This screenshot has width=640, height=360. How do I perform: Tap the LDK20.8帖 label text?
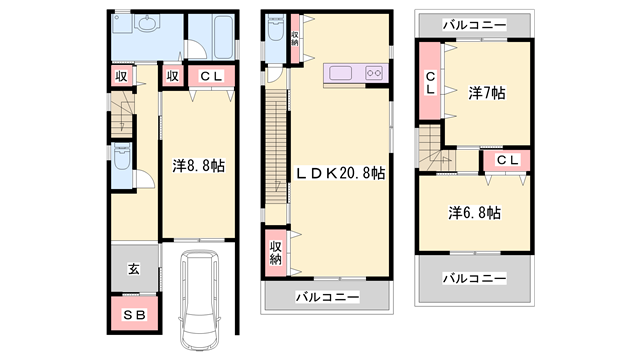click(340, 172)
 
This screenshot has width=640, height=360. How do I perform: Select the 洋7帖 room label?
click(486, 93)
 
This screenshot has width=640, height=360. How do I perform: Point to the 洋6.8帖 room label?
click(474, 213)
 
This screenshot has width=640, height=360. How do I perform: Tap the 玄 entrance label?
click(132, 267)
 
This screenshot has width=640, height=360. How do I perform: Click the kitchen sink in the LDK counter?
click(339, 72)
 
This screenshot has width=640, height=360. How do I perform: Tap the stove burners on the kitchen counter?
click(374, 72)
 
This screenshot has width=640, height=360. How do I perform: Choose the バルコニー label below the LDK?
click(327, 297)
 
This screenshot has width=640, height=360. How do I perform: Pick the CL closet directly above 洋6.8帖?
click(507, 159)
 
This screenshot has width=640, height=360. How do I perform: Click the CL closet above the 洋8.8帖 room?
click(212, 75)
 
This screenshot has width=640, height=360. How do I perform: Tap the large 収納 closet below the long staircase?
click(275, 252)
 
